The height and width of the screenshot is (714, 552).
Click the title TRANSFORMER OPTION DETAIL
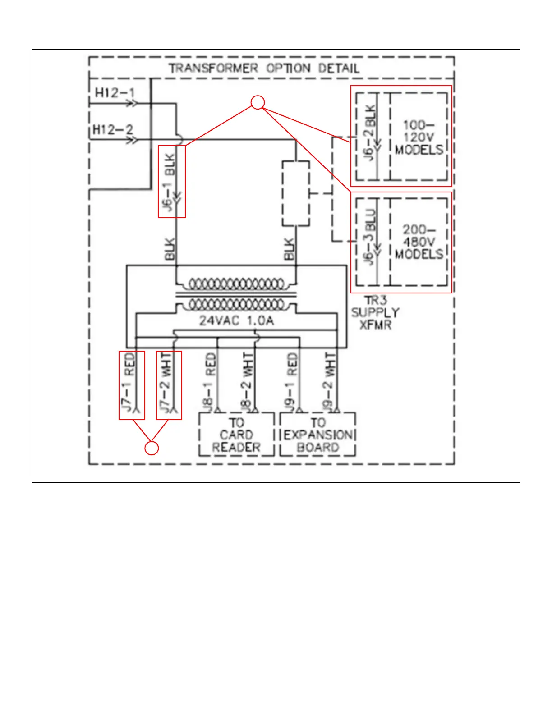tap(264, 69)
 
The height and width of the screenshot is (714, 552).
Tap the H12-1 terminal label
tap(115, 93)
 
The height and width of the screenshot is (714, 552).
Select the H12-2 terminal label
tap(113, 130)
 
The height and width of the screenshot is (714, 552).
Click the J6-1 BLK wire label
tap(168, 182)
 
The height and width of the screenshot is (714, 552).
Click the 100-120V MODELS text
tap(419, 137)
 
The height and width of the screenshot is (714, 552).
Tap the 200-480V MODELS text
tap(419, 242)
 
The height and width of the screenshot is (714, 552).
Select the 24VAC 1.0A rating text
tap(236, 320)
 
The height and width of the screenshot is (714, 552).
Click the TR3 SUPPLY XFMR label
tap(375, 312)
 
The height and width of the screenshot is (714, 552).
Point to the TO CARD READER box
tap(236, 435)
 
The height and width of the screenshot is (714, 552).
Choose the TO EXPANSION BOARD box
tap(317, 435)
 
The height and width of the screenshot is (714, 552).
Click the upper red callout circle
tap(258, 103)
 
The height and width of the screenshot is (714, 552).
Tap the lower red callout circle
tap(152, 448)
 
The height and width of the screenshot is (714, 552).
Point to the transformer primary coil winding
tap(236, 284)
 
